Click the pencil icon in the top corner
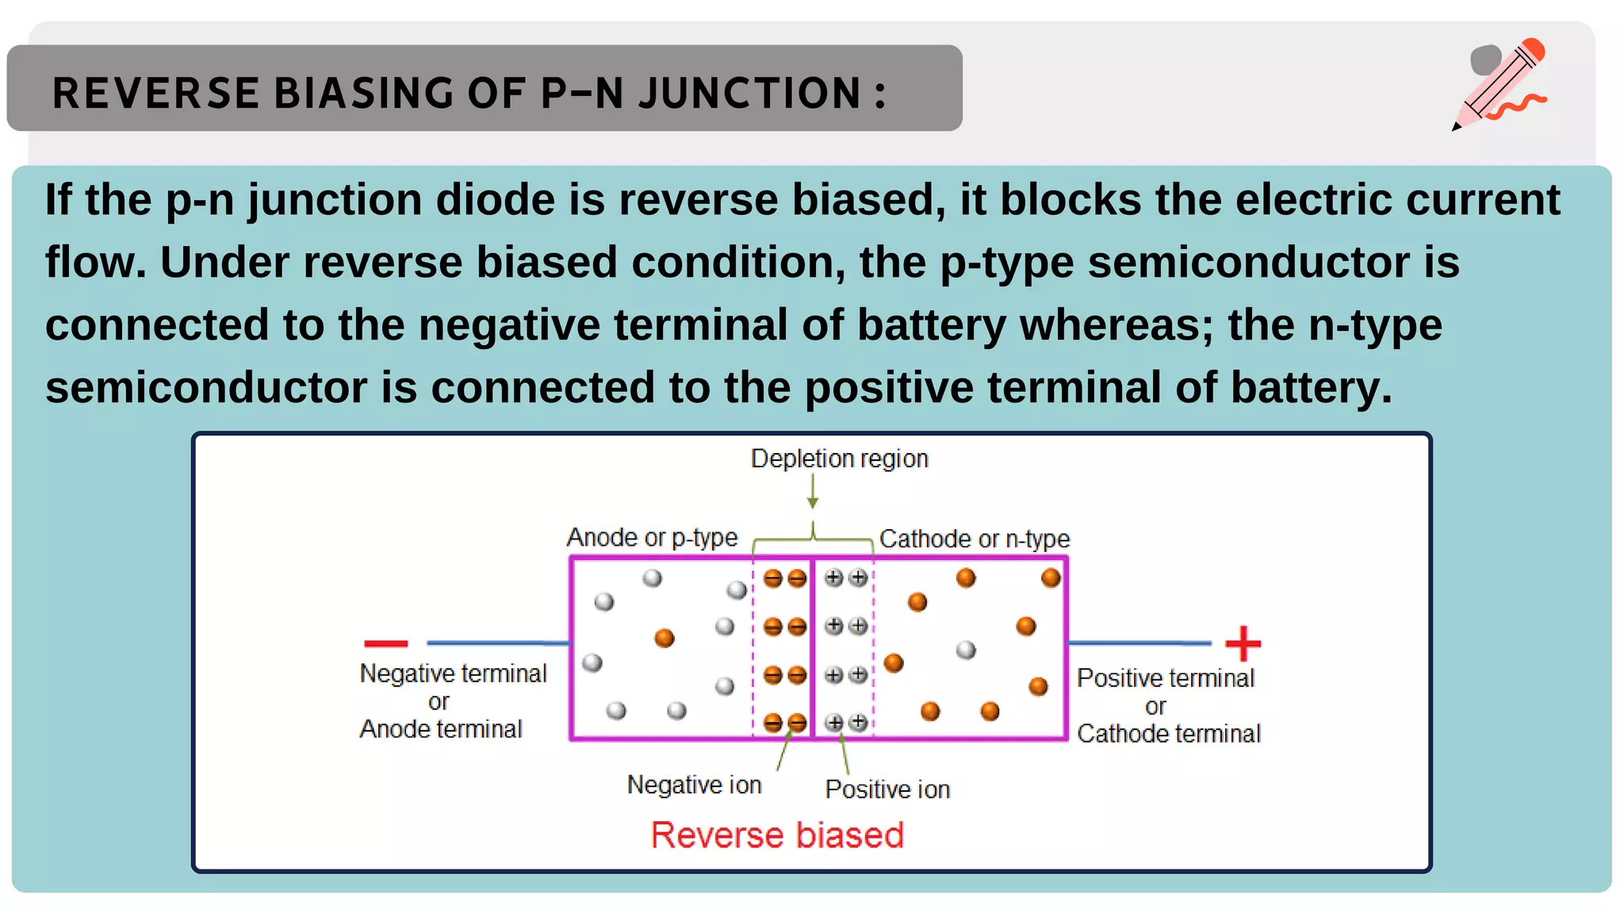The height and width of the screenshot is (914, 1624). click(1501, 83)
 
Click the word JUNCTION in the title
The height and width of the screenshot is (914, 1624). click(749, 93)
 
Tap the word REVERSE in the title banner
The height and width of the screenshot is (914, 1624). click(155, 93)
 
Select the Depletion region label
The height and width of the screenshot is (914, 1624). click(839, 459)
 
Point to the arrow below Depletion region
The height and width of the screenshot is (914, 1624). click(813, 492)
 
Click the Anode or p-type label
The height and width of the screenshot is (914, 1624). click(652, 538)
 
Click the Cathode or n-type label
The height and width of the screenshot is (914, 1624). click(975, 540)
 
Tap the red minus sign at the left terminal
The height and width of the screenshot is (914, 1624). click(385, 643)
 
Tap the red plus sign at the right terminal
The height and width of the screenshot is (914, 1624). click(1243, 643)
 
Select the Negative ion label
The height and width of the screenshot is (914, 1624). click(694, 785)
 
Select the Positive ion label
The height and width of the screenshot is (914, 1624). click(887, 789)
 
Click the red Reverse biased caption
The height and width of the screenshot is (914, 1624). click(777, 835)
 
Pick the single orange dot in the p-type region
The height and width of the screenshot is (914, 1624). click(665, 638)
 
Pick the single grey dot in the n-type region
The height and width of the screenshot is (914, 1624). click(966, 651)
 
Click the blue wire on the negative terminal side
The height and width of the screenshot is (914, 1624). click(498, 643)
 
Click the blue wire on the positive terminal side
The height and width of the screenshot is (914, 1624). click(1139, 643)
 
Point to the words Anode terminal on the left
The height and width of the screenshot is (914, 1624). click(441, 729)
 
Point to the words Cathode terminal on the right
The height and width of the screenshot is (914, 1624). click(1168, 734)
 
